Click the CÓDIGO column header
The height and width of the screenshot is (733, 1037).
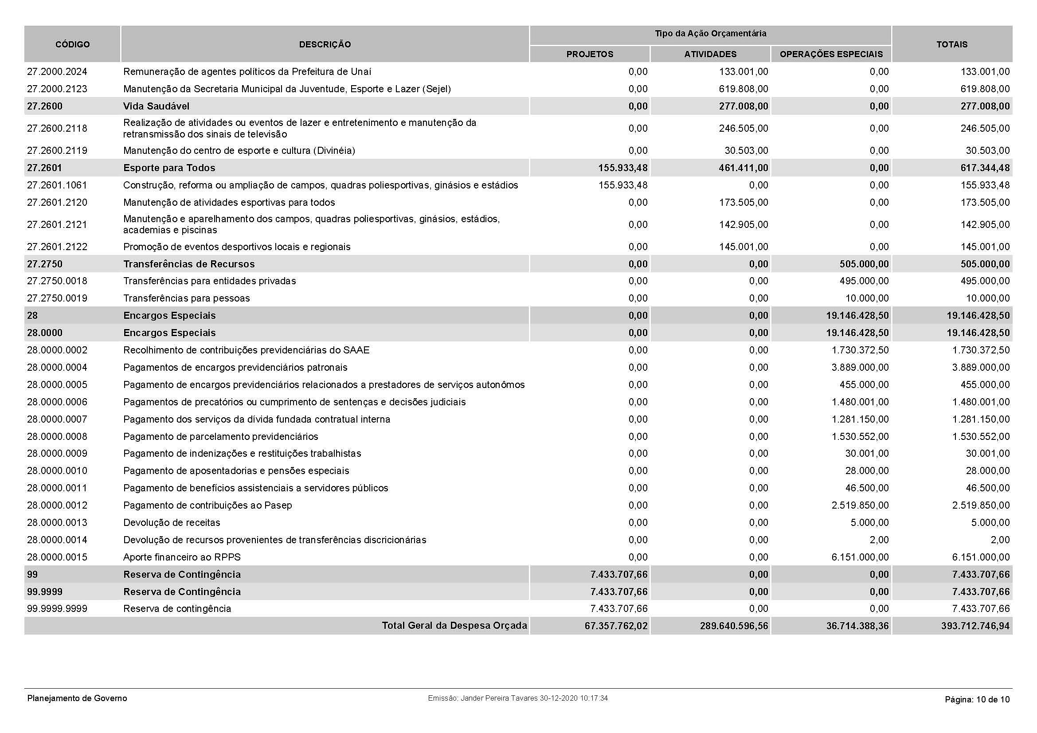tap(72, 44)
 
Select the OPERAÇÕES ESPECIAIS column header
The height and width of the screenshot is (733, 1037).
tap(831, 54)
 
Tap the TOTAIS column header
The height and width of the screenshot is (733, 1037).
tap(951, 44)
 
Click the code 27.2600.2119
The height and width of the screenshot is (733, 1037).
tap(57, 150)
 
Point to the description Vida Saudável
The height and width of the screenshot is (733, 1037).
tap(156, 106)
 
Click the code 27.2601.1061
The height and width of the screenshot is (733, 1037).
tap(57, 185)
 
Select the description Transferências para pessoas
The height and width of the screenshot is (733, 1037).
tap(187, 298)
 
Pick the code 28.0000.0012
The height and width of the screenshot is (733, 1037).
tap(57, 505)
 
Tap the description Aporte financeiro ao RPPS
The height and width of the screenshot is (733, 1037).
tap(182, 557)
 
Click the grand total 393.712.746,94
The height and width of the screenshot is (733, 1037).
tap(975, 626)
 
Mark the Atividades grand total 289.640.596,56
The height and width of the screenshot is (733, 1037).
tap(734, 626)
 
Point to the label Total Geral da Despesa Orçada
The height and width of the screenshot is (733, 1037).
tap(454, 626)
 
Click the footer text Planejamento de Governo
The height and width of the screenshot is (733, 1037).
tap(77, 698)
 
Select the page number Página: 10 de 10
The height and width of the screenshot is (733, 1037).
tap(977, 700)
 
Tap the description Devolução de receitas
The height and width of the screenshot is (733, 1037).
tap(172, 522)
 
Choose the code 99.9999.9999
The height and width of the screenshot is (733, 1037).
tap(57, 608)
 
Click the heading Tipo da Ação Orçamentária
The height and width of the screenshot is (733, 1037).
tap(710, 33)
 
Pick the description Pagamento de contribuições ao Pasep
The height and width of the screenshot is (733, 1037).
tap(208, 505)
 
